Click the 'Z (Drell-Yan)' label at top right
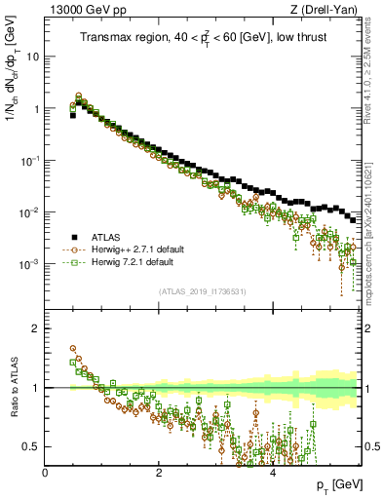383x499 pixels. coord(328,10)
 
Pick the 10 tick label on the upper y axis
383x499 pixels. coord(33,57)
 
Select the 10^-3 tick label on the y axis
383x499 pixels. coord(31,264)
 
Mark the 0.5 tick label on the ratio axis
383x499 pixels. coord(31,446)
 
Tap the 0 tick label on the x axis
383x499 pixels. coord(46,473)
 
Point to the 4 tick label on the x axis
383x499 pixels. coord(272,473)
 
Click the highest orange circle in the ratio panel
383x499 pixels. coord(73,348)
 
